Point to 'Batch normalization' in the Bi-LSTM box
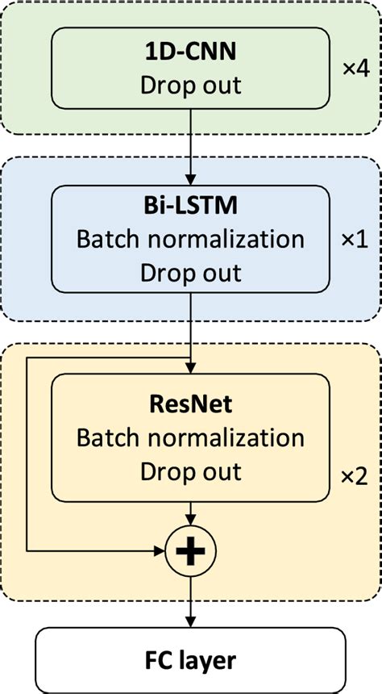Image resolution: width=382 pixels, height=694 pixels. pyautogui.click(x=190, y=240)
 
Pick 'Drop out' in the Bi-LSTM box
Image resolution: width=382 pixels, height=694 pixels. pyautogui.click(x=190, y=272)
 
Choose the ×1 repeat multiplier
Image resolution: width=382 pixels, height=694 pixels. pyautogui.click(x=355, y=240)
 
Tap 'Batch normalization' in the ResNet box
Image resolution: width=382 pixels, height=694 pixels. pyautogui.click(x=190, y=437)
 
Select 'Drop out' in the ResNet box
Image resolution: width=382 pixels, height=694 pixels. pyautogui.click(x=190, y=470)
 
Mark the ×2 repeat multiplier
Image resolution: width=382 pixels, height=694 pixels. pyautogui.click(x=355, y=476)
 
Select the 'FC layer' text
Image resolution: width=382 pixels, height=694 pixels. pyautogui.click(x=190, y=661)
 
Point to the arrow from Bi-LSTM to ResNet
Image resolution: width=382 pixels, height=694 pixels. pyautogui.click(x=190, y=323)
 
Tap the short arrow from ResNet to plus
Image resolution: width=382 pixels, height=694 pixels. pyautogui.click(x=190, y=515)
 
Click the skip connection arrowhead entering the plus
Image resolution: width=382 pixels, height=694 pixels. pyautogui.click(x=158, y=551)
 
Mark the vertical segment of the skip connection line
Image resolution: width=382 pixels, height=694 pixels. pyautogui.click(x=27, y=452)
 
